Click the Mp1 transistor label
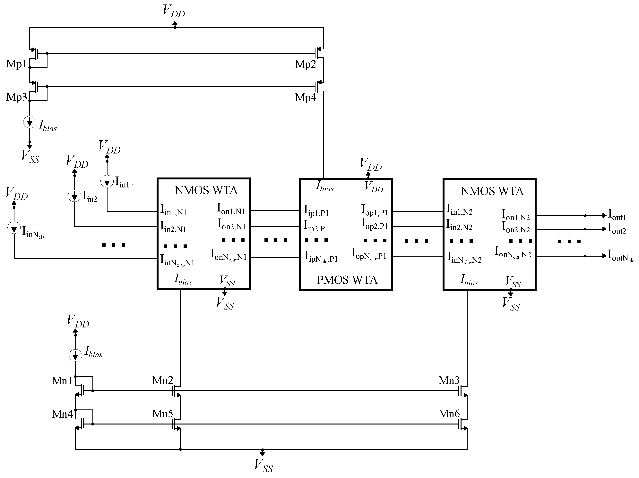[16, 64]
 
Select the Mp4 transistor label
[305, 97]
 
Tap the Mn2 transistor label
[162, 380]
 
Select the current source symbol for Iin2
[74, 196]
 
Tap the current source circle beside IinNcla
[14, 228]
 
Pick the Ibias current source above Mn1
[75, 355]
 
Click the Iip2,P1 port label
[316, 226]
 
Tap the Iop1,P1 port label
[374, 210]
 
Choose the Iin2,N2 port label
[459, 225]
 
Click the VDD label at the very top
[174, 11]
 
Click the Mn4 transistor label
[62, 414]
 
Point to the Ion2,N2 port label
[516, 227]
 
